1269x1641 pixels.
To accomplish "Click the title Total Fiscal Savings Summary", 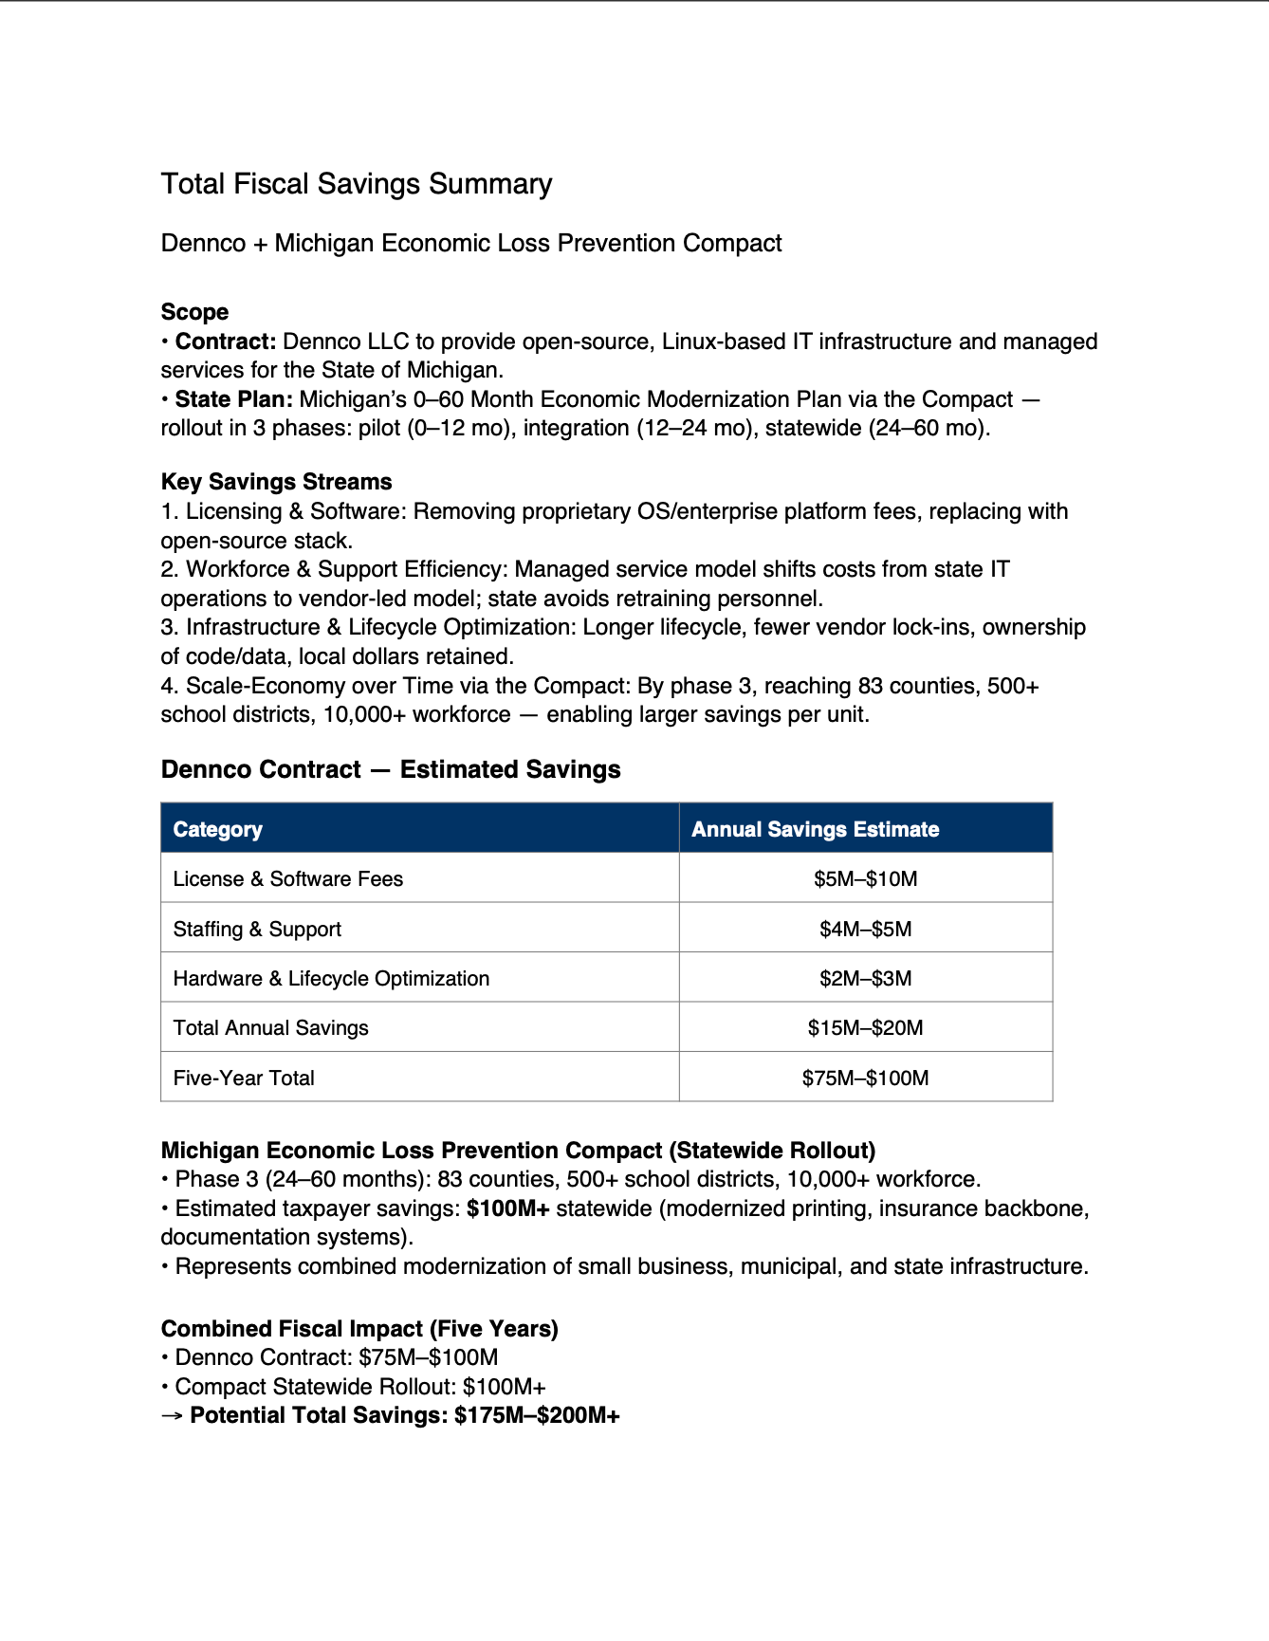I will pos(356,184).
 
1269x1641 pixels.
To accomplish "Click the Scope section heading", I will pos(194,312).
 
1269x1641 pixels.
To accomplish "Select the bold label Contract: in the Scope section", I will pos(226,341).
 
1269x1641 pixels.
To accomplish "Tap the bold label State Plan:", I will pos(233,399).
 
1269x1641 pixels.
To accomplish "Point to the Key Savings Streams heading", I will pos(276,482).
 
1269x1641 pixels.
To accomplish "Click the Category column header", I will pos(217,829).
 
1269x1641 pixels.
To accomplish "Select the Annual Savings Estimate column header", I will pos(815,829).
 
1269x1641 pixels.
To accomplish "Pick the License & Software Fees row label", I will pos(287,879).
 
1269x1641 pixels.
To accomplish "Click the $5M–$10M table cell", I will pos(865,879).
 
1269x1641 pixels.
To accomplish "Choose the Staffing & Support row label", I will pos(257,930).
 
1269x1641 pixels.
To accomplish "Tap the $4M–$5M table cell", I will pos(865,930).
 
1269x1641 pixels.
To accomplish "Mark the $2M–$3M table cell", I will pos(865,979).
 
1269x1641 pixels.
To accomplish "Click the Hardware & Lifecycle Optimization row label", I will pos(331,979).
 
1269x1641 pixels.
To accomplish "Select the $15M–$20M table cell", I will pos(865,1028).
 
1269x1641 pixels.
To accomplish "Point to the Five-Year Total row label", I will pos(244,1079).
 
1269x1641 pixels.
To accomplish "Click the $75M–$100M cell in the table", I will pos(865,1079).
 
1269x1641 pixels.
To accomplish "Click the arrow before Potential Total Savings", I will pos(172,1416).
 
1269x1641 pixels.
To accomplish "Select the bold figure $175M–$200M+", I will pos(537,1416).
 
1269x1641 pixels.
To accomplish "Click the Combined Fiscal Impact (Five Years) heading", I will pos(359,1329).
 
